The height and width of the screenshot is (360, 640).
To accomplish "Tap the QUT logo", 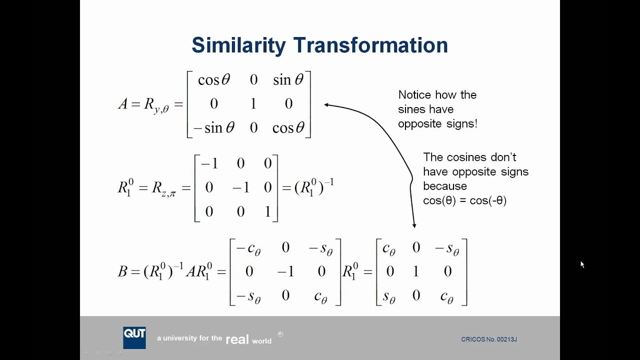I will coord(134,337).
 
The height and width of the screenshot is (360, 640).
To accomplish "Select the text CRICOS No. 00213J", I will coord(488,339).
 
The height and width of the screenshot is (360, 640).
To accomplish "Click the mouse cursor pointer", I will coord(582,264).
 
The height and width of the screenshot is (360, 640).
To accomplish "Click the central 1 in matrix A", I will coord(253,103).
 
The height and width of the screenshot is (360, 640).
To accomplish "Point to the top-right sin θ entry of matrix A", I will coord(288,79).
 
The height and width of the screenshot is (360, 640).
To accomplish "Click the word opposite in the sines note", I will coord(417,123).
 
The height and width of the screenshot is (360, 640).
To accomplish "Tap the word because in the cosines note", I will coord(444,186).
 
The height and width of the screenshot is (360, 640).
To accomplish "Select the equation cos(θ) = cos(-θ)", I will coord(464,200).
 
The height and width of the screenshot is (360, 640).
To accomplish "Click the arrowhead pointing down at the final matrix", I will coord(414,225).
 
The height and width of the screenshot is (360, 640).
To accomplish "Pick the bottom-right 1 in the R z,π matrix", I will coord(267,211).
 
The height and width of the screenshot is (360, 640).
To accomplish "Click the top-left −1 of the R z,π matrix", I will coord(209,163).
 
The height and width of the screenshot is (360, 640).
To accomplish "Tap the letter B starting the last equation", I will coord(122,271).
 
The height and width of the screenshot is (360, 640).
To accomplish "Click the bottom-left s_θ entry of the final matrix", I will coord(389,296).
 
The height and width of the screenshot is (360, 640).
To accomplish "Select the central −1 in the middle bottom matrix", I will coord(285,271).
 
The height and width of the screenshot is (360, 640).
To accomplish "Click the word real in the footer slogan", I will coord(237,340).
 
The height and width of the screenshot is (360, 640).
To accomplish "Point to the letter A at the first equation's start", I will coord(123,103).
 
